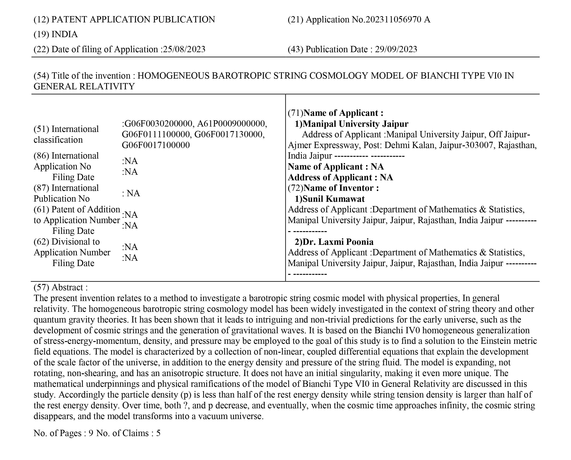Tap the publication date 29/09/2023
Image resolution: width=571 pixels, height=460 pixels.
(396, 49)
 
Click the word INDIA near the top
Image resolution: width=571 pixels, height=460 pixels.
(64, 34)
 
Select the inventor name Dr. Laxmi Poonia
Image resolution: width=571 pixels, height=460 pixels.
(338, 242)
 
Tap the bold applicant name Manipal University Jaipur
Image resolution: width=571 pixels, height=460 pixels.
(355, 124)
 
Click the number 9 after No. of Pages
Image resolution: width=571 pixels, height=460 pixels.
(91, 433)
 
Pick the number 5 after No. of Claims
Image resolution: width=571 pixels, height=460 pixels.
(158, 433)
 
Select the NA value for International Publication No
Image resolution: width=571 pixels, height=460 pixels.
(133, 193)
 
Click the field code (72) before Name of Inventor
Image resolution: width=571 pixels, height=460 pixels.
(295, 188)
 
